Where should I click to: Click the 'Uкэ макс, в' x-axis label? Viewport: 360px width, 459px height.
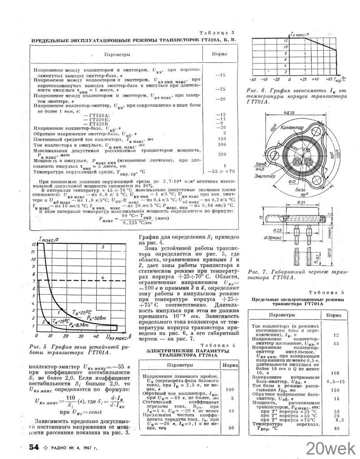(x=118, y=336)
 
